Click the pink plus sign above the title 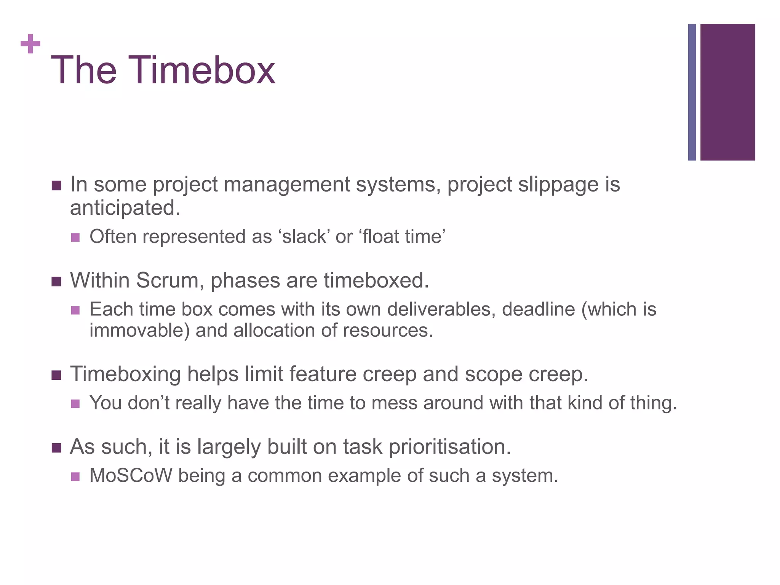click(x=30, y=44)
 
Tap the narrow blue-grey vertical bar click(x=692, y=92)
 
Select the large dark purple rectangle click(x=727, y=92)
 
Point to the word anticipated click(x=125, y=208)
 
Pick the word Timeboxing click(x=125, y=374)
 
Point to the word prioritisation click(x=449, y=447)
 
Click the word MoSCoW click(x=131, y=476)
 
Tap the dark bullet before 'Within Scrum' click(x=56, y=282)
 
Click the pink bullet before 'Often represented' click(x=75, y=238)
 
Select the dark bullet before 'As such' click(x=56, y=448)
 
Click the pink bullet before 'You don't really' click(x=75, y=404)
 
